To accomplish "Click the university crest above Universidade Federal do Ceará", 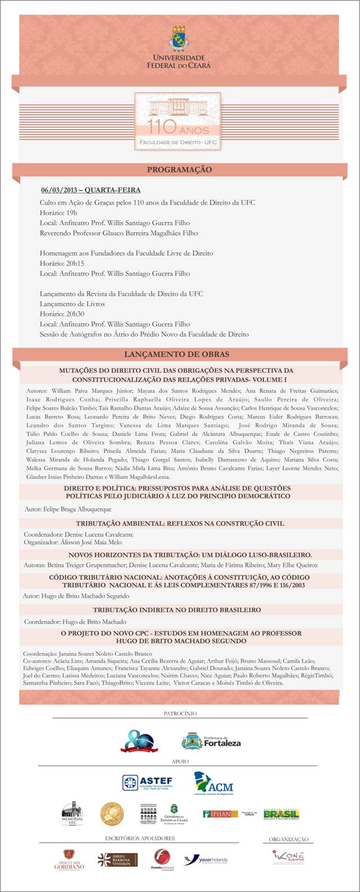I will (180, 39).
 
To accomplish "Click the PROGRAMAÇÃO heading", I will (179, 170).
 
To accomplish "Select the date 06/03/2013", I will (65, 190).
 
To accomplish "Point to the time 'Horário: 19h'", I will (58, 213).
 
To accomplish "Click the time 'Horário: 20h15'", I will (62, 263).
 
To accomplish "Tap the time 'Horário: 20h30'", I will (62, 314).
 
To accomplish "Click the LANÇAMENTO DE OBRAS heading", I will (176, 354).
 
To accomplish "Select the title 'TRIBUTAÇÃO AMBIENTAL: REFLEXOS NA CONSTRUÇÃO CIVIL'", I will (180, 523).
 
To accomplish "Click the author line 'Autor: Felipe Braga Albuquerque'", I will (68, 509).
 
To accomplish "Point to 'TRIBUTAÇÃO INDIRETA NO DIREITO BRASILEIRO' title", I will (176, 610).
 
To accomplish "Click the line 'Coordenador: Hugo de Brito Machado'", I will (75, 622).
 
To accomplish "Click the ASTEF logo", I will (148, 783).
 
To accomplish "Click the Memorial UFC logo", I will (72, 813).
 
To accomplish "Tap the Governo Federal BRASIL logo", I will (281, 814).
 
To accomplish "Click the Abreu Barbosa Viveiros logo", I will (117, 859).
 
